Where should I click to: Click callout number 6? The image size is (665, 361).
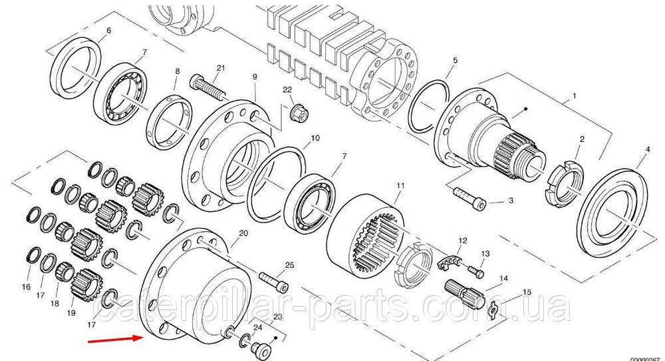(x=108, y=31)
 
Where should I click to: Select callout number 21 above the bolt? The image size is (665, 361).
(x=221, y=68)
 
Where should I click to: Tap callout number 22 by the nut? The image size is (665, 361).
(x=287, y=90)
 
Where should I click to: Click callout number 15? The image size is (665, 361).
(x=527, y=292)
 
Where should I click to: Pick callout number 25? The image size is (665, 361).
(x=289, y=265)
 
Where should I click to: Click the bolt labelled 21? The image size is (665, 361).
(x=206, y=87)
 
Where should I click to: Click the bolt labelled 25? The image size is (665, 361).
(x=273, y=281)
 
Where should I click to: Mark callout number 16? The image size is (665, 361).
(x=26, y=287)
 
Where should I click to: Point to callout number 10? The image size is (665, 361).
(x=315, y=138)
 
